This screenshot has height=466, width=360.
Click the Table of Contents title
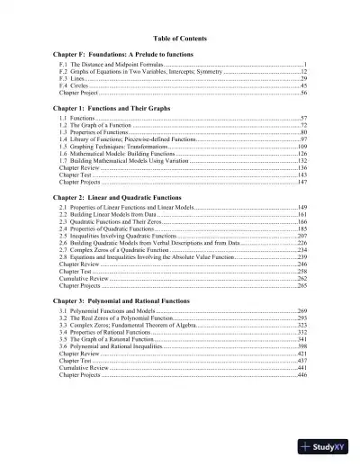180,39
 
